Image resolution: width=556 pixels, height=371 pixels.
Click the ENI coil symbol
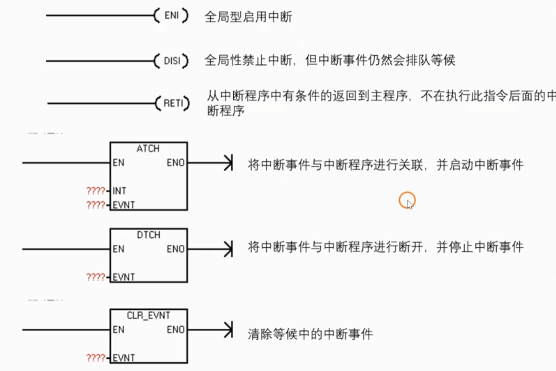[x=171, y=15]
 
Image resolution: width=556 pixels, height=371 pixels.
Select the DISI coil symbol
[x=171, y=61]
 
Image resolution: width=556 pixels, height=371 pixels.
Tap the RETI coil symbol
[x=172, y=103]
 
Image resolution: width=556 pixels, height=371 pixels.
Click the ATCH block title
[x=148, y=148]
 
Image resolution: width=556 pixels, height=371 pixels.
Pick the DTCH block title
[x=149, y=235]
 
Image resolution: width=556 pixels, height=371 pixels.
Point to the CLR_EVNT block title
[x=148, y=315]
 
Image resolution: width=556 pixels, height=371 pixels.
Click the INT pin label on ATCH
[x=119, y=191]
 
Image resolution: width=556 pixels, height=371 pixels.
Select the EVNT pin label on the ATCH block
[x=124, y=205]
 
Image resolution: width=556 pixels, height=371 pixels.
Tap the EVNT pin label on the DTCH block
[x=124, y=277]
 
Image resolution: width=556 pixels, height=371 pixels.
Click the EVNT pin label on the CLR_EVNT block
[x=124, y=358]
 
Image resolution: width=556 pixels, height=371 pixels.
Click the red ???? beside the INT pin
[x=96, y=191]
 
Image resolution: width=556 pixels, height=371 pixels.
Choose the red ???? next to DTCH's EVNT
[x=96, y=277]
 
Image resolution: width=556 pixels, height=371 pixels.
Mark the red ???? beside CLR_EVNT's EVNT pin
[x=96, y=358]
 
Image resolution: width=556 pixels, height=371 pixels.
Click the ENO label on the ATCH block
[x=176, y=163]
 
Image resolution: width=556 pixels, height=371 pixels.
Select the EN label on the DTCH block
[x=118, y=249]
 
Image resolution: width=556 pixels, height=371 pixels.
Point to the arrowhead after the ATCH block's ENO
[x=229, y=163]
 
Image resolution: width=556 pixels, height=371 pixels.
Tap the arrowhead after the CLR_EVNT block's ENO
[x=229, y=329]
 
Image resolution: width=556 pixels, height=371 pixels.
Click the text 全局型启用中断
[x=248, y=17]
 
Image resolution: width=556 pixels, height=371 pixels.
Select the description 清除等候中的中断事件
[x=310, y=334]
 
